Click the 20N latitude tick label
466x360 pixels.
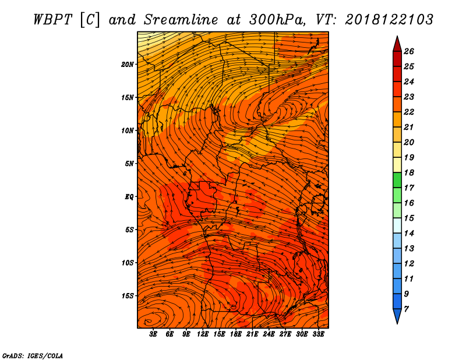point(127,65)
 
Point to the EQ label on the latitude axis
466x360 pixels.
point(129,197)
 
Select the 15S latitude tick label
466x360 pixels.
point(128,296)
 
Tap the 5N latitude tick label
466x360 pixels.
point(129,164)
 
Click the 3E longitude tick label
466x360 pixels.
point(153,334)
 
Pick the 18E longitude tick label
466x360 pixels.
point(235,334)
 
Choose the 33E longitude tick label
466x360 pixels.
point(318,334)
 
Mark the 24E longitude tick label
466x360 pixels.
point(269,334)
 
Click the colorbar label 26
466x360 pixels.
point(409,51)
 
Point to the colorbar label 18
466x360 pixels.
point(409,172)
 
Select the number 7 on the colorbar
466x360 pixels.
point(406,309)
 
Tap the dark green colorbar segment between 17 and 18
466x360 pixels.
point(397,180)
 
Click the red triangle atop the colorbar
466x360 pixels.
point(397,45)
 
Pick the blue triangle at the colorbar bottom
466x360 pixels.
point(397,316)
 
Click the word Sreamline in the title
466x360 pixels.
point(181,20)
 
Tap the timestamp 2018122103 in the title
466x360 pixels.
point(389,20)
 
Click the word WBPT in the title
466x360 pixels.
point(52,20)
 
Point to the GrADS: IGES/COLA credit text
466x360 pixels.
point(33,356)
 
